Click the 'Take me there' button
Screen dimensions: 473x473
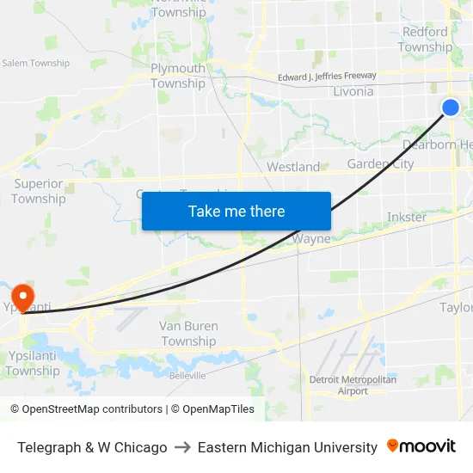[236, 211]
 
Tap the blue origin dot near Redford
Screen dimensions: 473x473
[450, 107]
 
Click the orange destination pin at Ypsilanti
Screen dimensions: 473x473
[16, 294]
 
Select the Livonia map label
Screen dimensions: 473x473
[353, 91]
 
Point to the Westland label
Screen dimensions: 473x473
[293, 167]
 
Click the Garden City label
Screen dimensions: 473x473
[380, 164]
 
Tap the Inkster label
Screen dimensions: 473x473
[407, 217]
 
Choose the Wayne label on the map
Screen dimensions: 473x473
[311, 239]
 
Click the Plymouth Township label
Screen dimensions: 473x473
[178, 76]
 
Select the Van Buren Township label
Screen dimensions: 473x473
[188, 334]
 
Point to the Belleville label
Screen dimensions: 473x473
[187, 376]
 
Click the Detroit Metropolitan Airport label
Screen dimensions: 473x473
[353, 384]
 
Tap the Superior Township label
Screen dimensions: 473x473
[39, 191]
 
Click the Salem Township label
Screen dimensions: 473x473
[36, 63]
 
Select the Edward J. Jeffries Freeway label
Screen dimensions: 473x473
[327, 77]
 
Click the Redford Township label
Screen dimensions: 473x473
[425, 40]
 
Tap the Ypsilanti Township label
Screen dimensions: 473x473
[33, 364]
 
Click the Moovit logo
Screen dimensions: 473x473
[421, 446]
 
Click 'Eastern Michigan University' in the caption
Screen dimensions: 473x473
[287, 447]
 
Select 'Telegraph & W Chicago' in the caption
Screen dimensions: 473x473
[92, 447]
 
